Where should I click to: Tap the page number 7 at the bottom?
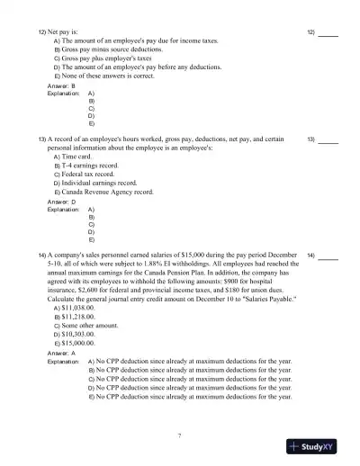coord(180,436)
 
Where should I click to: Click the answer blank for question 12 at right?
coord(328,33)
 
